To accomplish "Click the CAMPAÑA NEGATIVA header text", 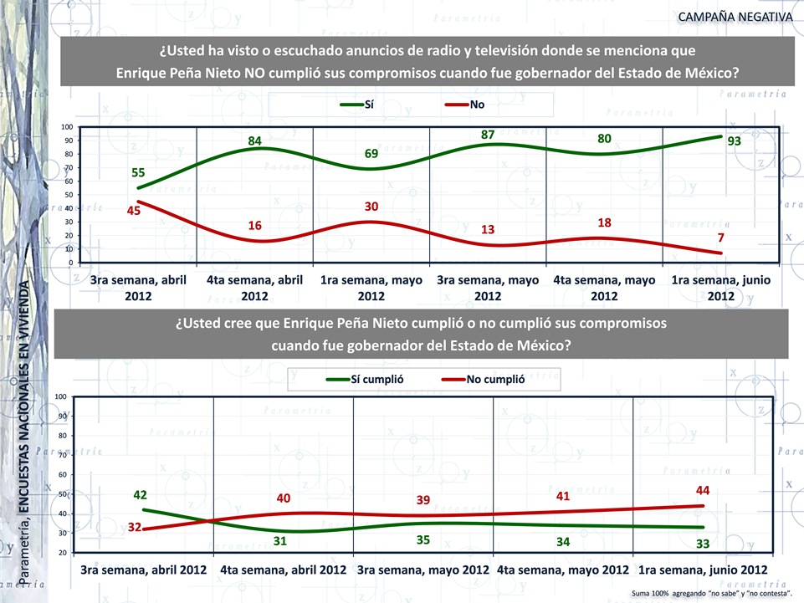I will point(735,16).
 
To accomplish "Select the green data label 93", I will point(735,142).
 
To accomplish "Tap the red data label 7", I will point(721,238).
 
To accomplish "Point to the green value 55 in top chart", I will point(138,173).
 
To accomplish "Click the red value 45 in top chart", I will point(134,211).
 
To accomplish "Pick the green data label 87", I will point(488,135).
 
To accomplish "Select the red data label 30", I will point(371,207).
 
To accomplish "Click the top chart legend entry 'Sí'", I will point(368,105).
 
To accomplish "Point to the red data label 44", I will point(703,490).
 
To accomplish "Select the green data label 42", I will point(141,494).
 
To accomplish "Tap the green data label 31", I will point(280,541).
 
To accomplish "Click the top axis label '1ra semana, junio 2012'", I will point(720,289).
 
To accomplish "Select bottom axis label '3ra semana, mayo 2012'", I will point(423,570).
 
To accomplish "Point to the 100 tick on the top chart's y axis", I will point(65,128).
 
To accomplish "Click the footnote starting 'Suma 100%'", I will point(712,592).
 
